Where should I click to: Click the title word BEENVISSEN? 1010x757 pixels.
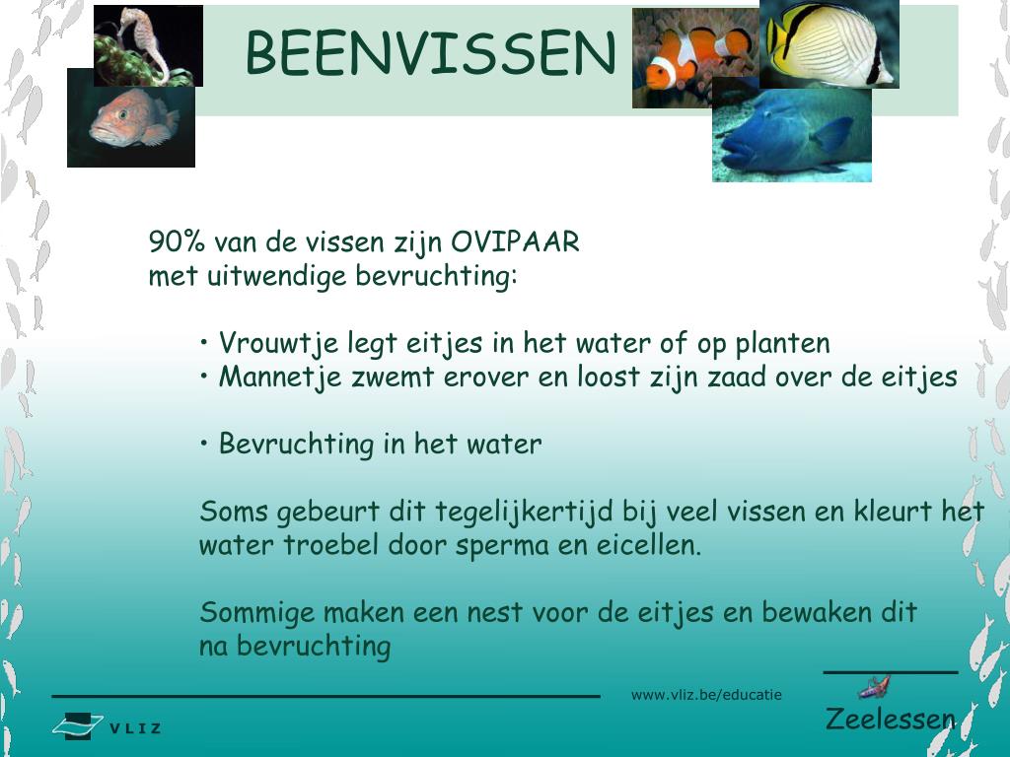pyautogui.click(x=430, y=53)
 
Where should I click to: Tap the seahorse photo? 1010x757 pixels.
pyautogui.click(x=148, y=44)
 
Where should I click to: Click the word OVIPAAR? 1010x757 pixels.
pyautogui.click(x=516, y=242)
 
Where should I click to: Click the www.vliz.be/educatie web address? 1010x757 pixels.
pyautogui.click(x=706, y=695)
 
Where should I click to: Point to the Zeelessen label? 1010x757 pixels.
pyautogui.click(x=890, y=719)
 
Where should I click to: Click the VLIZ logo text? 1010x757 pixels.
pyautogui.click(x=135, y=729)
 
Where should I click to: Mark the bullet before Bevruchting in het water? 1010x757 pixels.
pyautogui.click(x=204, y=444)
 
